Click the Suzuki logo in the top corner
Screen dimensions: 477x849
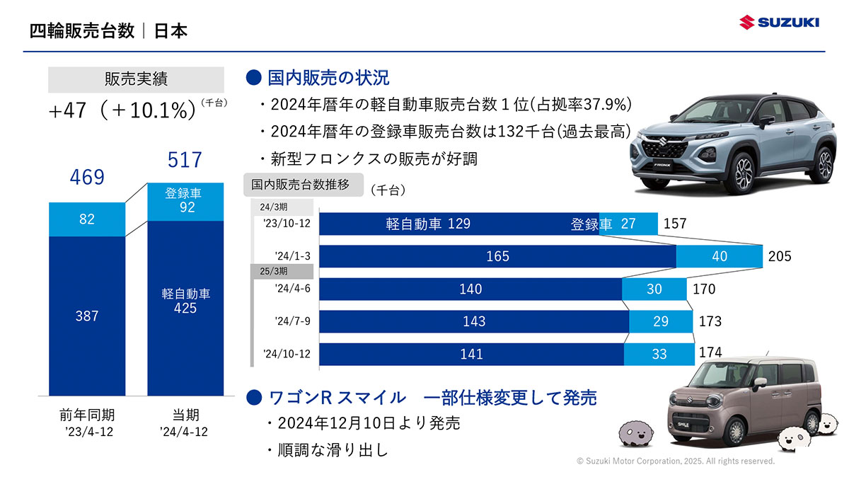[779, 23]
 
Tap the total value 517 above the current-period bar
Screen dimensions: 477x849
[185, 160]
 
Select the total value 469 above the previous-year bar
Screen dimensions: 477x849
[87, 177]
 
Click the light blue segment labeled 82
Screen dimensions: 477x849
[87, 219]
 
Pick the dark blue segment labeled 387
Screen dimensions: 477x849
[87, 316]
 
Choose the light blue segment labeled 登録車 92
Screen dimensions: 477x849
[185, 201]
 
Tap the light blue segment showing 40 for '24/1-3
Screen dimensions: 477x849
[720, 256]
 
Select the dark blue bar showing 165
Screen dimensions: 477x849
[497, 256]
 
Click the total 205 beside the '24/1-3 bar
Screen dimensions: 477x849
[780, 256]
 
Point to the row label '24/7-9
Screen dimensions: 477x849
[292, 321]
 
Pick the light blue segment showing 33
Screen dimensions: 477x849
[659, 354]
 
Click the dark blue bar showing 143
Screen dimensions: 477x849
[474, 321]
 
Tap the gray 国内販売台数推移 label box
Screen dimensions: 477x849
[301, 185]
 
